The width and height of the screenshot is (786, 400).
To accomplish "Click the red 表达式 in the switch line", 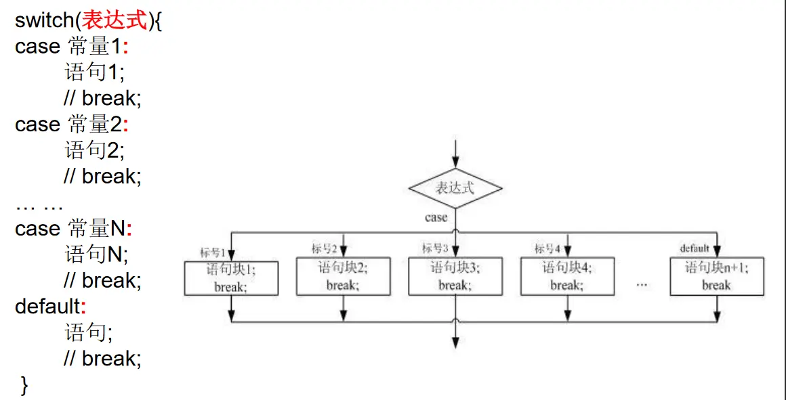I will click(114, 20).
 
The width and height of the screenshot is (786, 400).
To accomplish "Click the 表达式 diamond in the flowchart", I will click(455, 188).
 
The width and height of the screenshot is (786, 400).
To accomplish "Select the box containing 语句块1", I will click(231, 278).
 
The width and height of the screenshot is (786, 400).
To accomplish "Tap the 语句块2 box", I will click(344, 276).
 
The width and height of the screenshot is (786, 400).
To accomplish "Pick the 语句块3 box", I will click(455, 276).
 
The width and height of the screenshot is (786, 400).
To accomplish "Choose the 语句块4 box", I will click(567, 276).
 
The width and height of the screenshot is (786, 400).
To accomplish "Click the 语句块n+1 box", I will click(717, 276).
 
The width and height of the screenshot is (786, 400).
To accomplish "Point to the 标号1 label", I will click(212, 253).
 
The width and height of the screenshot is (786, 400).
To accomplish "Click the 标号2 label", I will click(325, 248).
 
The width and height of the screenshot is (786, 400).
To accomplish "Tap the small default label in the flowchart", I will click(695, 248).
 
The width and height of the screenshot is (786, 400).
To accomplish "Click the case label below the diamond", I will click(436, 218).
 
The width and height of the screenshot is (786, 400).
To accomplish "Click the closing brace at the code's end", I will click(25, 385).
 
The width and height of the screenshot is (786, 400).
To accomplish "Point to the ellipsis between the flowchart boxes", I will click(642, 285).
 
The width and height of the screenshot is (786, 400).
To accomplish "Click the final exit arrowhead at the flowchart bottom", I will click(455, 341).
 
